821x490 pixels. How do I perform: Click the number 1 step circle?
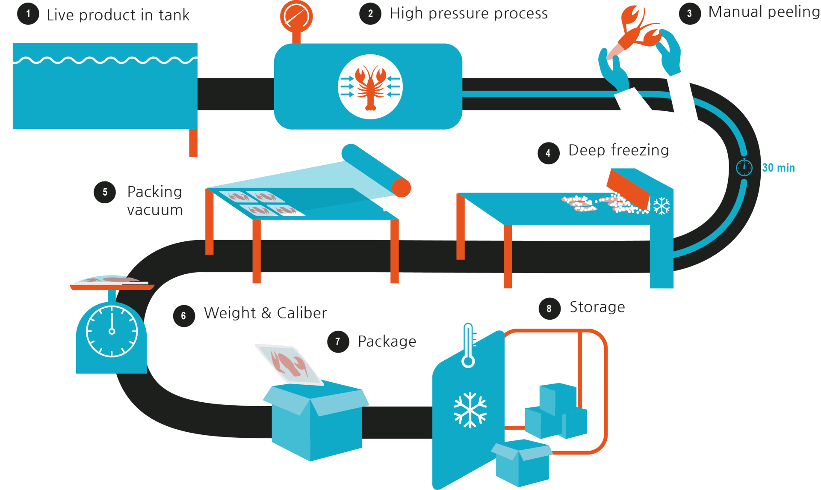click(x=28, y=14)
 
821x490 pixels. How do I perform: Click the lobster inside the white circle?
click(x=370, y=86)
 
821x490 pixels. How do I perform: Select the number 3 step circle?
click(x=689, y=14)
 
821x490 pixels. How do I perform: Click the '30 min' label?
click(x=778, y=168)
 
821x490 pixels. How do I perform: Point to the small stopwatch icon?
click(x=744, y=167)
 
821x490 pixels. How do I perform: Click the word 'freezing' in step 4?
click(x=640, y=150)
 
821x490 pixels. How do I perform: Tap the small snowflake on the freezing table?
click(x=662, y=206)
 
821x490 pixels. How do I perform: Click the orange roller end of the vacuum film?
click(x=402, y=188)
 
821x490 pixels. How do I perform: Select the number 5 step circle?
click(x=105, y=192)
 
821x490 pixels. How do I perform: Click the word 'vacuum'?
click(x=155, y=210)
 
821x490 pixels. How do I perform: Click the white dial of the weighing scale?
click(x=112, y=331)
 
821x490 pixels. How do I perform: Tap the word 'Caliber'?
click(x=302, y=313)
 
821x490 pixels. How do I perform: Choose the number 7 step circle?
click(x=338, y=342)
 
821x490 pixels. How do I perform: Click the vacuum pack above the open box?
click(x=289, y=364)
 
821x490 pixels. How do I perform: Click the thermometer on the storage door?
click(x=468, y=346)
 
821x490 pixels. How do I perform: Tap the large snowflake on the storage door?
click(x=470, y=410)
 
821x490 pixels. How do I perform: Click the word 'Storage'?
click(x=597, y=307)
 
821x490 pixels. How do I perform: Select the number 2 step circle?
click(x=370, y=14)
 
